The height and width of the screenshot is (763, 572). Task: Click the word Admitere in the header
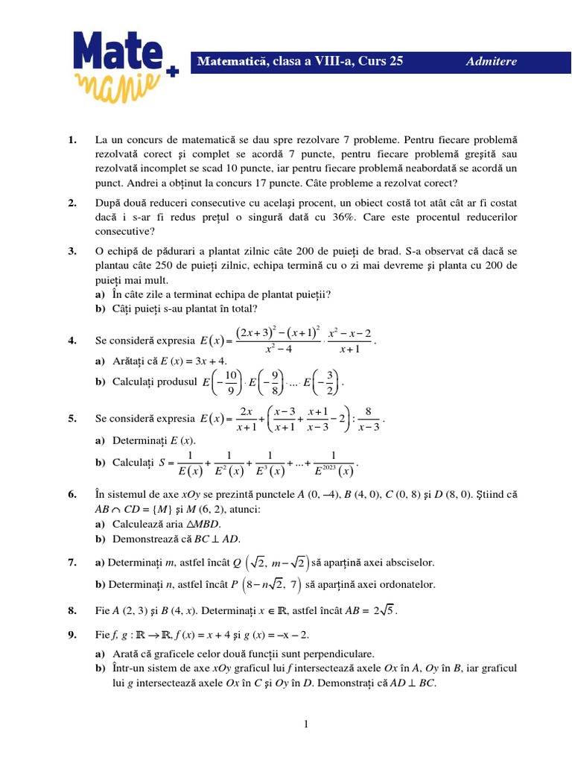(491, 62)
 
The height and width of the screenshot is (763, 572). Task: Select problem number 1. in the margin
(72, 140)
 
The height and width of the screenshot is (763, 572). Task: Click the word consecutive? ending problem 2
(124, 231)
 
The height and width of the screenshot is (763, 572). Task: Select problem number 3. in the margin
(72, 252)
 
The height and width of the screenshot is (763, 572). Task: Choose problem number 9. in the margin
(72, 635)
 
